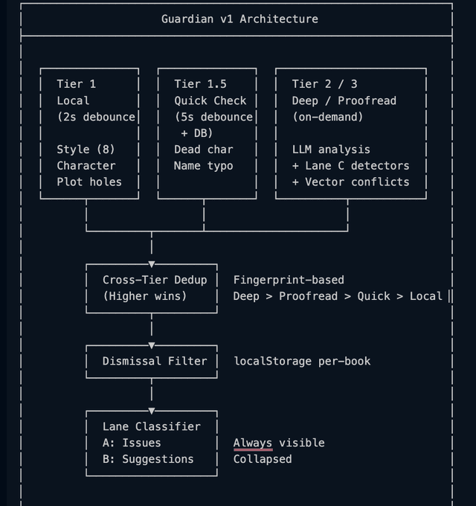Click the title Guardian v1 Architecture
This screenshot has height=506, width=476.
(239, 19)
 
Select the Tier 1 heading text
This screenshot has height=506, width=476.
(76, 84)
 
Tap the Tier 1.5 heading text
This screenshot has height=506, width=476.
(200, 84)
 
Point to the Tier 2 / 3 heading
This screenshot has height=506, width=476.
(324, 84)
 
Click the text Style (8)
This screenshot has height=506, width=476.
(86, 150)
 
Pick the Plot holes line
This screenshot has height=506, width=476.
(89, 182)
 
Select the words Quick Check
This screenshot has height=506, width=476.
(210, 100)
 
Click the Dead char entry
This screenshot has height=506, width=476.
(204, 150)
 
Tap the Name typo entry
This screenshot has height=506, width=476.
(204, 166)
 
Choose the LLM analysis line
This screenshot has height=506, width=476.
(331, 150)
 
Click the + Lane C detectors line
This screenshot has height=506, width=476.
(350, 166)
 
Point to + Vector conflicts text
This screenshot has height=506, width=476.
(350, 182)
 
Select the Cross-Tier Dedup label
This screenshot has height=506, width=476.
(155, 280)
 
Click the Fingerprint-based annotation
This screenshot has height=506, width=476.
(289, 280)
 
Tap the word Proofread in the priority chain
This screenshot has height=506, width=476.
(308, 296)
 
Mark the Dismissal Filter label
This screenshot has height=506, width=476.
(155, 361)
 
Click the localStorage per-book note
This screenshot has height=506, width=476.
(302, 361)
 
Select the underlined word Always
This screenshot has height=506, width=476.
(253, 443)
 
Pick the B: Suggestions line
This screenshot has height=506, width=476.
(148, 459)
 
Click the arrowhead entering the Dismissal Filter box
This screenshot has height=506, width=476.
(152, 345)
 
